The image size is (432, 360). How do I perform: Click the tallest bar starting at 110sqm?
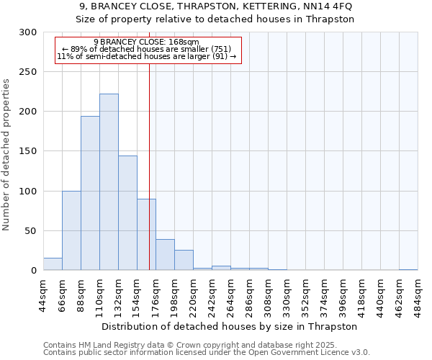[x=109, y=182]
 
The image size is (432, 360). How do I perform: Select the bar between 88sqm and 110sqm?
[x=90, y=193]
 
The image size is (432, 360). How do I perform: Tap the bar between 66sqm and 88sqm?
[x=71, y=230]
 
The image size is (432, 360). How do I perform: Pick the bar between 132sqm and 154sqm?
[x=127, y=213]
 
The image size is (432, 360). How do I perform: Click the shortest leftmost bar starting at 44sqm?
[x=53, y=264]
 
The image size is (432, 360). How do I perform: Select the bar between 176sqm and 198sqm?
[x=165, y=255]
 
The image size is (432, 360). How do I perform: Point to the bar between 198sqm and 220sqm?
[x=184, y=260]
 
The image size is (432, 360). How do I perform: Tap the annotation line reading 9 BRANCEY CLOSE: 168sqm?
[x=146, y=42]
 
